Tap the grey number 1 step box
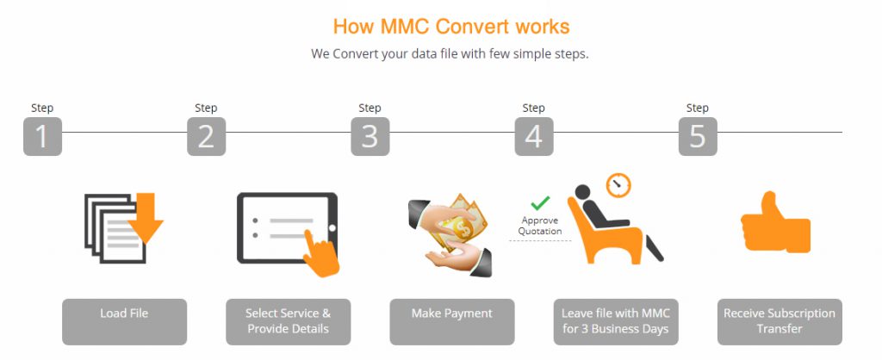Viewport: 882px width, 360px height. click(42, 136)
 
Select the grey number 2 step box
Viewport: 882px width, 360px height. click(206, 136)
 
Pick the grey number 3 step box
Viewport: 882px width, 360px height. click(370, 136)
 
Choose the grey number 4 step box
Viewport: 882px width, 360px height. click(534, 136)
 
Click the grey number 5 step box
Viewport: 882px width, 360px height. click(698, 136)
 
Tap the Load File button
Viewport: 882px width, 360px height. click(124, 321)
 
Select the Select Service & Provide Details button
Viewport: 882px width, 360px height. click(288, 321)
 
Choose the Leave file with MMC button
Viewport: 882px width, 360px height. click(615, 321)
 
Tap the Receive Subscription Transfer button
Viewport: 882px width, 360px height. click(780, 321)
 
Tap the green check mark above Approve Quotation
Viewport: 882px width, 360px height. click(540, 203)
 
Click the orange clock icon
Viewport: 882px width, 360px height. click(618, 184)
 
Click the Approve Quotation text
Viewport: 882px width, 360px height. click(540, 226)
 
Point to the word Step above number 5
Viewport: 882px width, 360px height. click(697, 108)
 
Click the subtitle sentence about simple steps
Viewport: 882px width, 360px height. click(450, 53)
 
